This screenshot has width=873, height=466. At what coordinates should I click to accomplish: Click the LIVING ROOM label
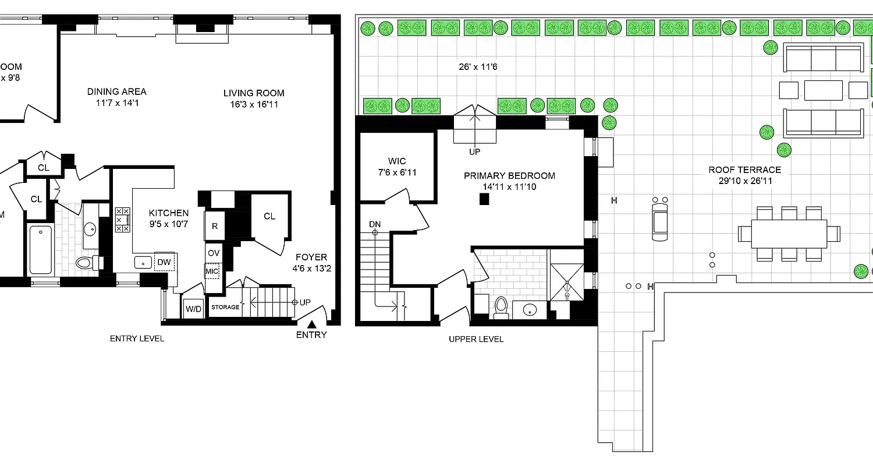pos(254,93)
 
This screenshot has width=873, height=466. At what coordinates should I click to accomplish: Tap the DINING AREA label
pos(117,91)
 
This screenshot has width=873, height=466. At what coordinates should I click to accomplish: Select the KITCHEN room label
pos(168,213)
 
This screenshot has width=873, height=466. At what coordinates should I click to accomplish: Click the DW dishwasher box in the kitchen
pos(164,262)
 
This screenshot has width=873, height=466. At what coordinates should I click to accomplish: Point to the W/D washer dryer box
pos(193,309)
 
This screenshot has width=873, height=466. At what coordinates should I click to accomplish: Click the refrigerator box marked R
pos(214,225)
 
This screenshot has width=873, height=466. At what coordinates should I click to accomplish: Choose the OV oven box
pos(214,253)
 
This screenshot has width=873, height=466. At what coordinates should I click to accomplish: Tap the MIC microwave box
pos(211,271)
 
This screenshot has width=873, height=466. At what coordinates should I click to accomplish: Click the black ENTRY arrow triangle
pos(312,324)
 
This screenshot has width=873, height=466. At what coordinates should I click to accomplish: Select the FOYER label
pos(311,257)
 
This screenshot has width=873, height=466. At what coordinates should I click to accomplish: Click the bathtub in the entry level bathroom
pos(40,250)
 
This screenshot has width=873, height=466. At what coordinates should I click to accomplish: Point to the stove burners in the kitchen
pos(123,220)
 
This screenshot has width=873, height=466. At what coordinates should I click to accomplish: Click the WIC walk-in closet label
pos(397,161)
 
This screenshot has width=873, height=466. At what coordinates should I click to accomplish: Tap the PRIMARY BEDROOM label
pos(509,175)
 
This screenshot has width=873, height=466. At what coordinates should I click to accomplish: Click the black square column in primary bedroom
pos(484,199)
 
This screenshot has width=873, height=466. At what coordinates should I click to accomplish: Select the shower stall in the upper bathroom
pos(566,281)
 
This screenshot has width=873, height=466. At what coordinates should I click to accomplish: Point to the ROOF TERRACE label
pos(744,170)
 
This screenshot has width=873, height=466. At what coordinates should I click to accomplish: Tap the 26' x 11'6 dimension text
pos(478,67)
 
